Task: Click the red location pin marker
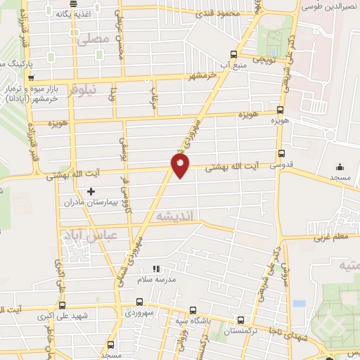180,165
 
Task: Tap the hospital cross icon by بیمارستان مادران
90,191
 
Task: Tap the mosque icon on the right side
340,167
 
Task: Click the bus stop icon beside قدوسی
282,153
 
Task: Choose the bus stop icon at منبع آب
234,53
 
